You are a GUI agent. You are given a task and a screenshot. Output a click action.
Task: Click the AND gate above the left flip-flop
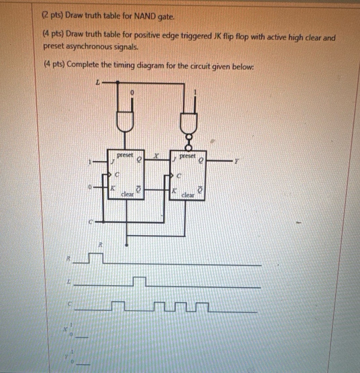coord(125,121)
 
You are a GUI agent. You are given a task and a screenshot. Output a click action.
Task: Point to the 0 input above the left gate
coord(132,92)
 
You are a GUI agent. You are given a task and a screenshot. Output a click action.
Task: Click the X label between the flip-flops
coord(156,156)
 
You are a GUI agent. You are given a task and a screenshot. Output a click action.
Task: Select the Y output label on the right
coord(237,162)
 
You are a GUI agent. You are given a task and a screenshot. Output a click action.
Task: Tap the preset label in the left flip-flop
coord(125,155)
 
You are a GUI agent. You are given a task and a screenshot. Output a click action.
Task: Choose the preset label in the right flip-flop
coord(188,156)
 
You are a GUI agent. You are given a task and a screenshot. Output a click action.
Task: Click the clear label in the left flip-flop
coord(127,194)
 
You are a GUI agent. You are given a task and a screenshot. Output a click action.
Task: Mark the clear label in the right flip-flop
coord(188,195)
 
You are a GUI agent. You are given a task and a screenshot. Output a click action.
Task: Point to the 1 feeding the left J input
coord(89,162)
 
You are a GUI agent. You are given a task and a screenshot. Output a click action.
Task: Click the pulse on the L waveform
coord(139,281)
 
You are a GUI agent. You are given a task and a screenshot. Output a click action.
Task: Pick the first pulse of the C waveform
coord(118,305)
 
